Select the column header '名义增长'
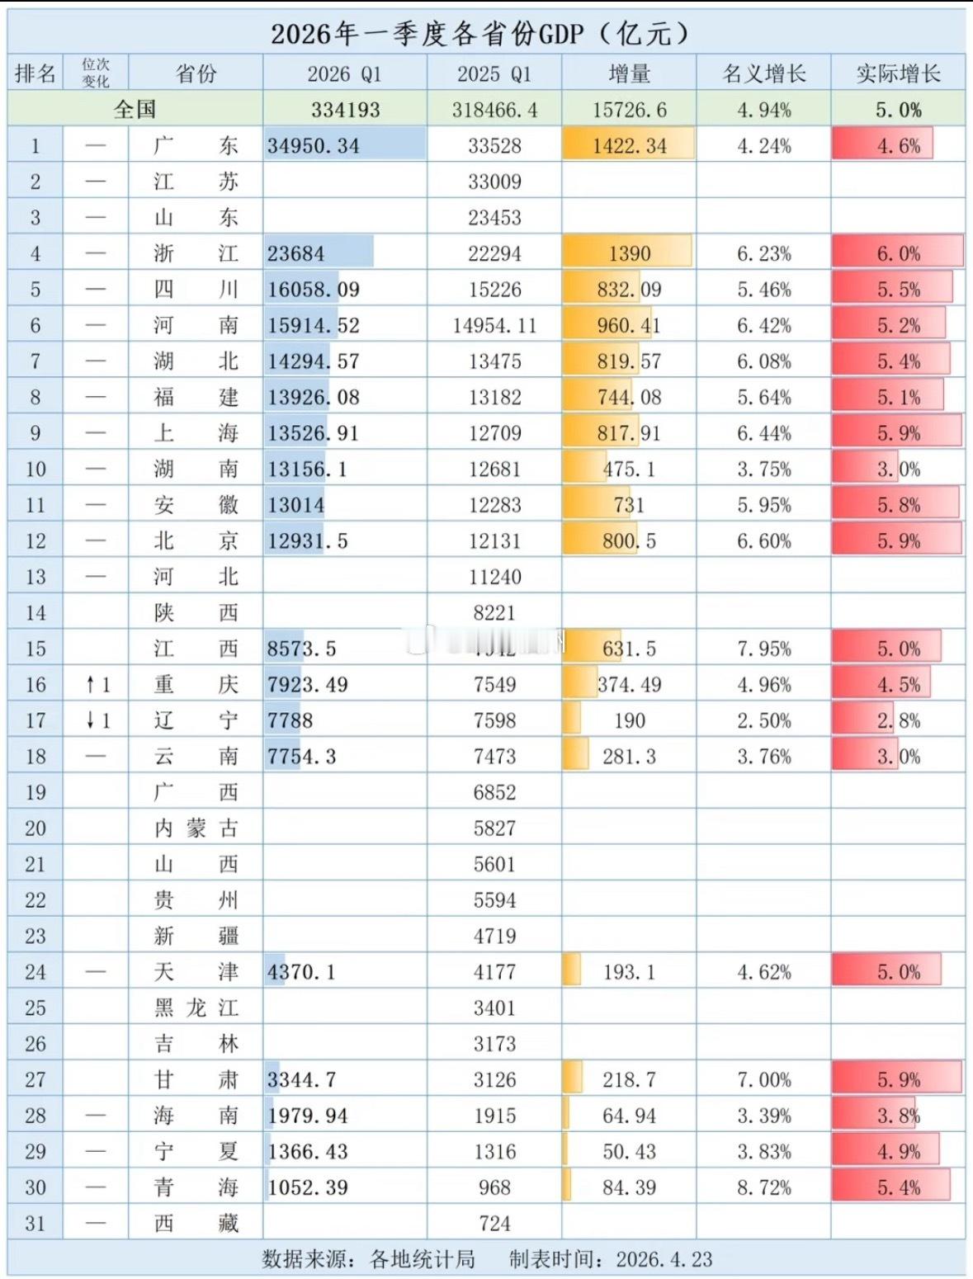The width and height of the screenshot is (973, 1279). (763, 73)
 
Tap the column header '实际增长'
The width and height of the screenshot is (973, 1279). (898, 73)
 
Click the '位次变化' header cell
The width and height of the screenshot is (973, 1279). (96, 73)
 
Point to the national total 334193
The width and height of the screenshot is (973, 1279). (345, 110)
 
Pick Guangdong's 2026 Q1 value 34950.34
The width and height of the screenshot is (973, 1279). (314, 146)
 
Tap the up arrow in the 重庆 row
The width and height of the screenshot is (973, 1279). (91, 684)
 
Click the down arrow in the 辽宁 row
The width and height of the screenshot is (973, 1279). (91, 720)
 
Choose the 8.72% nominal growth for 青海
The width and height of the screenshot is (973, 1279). (763, 1187)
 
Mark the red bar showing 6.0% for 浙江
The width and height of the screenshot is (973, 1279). (898, 253)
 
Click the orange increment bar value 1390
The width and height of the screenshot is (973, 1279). (629, 253)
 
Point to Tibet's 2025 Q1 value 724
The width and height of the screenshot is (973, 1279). (494, 1223)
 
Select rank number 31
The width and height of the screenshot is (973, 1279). (35, 1223)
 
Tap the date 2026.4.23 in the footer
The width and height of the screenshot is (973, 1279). (664, 1259)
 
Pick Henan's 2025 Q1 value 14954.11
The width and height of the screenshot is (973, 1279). (494, 325)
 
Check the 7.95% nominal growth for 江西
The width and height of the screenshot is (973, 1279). (763, 649)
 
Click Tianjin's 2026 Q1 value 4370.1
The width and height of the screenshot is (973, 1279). (301, 971)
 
